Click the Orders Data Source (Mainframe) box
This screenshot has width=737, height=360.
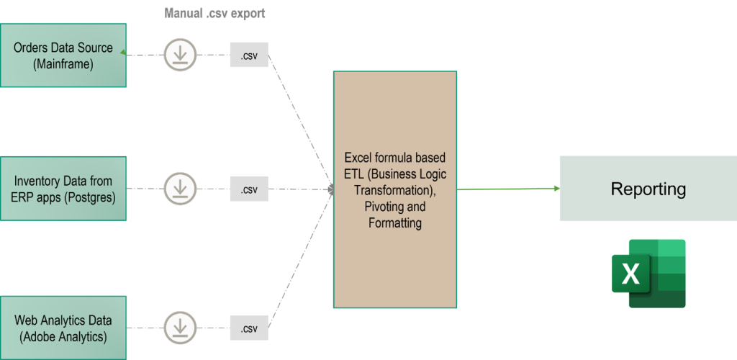click(x=63, y=55)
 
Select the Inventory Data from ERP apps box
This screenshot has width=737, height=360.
click(x=63, y=189)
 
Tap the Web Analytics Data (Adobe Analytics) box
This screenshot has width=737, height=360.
click(x=63, y=328)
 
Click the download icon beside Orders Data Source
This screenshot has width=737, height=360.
click(x=179, y=55)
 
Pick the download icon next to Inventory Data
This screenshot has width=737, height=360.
click(x=179, y=189)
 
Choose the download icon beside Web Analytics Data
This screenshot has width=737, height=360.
click(x=179, y=328)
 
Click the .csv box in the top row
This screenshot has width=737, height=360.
click(x=249, y=55)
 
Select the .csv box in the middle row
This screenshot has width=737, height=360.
click(x=249, y=189)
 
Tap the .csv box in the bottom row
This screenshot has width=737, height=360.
click(x=249, y=328)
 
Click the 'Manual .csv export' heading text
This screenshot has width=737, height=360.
click(x=215, y=13)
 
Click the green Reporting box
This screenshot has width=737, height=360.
click(x=648, y=189)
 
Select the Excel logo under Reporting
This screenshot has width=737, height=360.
click(x=648, y=274)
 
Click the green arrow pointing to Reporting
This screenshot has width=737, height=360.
click(x=508, y=189)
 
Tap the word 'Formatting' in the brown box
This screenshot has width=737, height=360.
click(x=395, y=223)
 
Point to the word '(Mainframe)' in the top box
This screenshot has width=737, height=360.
click(x=63, y=64)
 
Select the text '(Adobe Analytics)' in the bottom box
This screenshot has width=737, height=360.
click(x=63, y=336)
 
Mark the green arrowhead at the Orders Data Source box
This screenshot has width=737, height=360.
click(x=124, y=53)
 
